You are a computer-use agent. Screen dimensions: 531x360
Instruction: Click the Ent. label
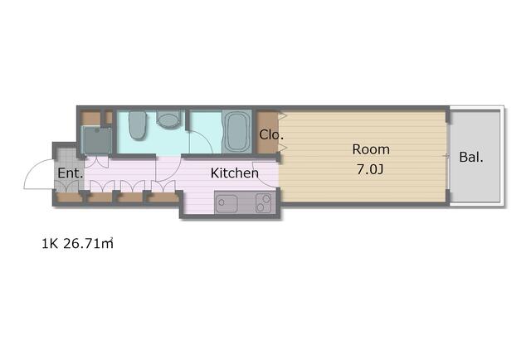pyautogui.click(x=70, y=173)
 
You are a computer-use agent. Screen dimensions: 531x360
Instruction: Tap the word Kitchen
pyautogui.click(x=234, y=173)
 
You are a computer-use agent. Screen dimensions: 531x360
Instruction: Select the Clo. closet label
pyautogui.click(x=271, y=134)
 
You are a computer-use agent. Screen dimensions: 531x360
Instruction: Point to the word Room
pyautogui.click(x=371, y=149)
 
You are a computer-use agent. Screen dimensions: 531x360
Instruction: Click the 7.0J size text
pyautogui.click(x=369, y=169)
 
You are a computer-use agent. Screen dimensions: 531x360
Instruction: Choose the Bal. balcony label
pyautogui.click(x=471, y=157)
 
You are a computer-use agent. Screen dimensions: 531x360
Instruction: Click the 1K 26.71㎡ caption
pyautogui.click(x=77, y=244)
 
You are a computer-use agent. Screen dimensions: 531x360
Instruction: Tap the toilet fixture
pyautogui.click(x=137, y=125)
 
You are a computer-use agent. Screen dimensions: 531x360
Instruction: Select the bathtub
pyautogui.click(x=236, y=132)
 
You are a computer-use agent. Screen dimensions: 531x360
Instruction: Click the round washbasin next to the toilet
pyautogui.click(x=168, y=119)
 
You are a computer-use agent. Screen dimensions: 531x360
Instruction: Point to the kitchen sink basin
pyautogui.click(x=227, y=203)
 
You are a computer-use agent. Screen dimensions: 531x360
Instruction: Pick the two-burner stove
pyautogui.click(x=264, y=202)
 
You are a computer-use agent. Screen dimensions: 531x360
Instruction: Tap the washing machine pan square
pyautogui.click(x=97, y=140)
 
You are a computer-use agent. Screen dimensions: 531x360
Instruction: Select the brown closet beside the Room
pyautogui.click(x=266, y=132)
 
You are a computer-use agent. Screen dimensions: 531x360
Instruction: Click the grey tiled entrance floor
pyautogui.click(x=70, y=170)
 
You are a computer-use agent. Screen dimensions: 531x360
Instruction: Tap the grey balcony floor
pyautogui.click(x=475, y=157)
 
